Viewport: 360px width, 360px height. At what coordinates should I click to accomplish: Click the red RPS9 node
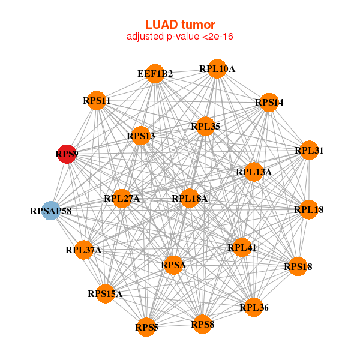(66, 154)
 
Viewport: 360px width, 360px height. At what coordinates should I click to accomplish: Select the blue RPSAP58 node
(52, 211)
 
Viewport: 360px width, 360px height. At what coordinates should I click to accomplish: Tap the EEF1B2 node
(155, 74)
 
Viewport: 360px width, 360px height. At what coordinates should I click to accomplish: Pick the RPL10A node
(217, 69)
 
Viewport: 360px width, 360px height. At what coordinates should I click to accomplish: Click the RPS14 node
(269, 102)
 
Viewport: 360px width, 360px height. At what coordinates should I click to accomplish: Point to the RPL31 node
(308, 151)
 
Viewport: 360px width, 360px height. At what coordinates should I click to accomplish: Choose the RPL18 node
(308, 209)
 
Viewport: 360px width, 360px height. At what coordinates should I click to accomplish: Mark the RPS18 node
(298, 266)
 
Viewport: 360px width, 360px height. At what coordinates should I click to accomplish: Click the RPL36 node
(254, 307)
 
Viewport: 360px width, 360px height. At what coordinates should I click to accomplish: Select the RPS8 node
(202, 324)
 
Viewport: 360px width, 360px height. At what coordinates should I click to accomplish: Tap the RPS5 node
(146, 327)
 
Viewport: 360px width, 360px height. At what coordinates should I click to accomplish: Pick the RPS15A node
(105, 293)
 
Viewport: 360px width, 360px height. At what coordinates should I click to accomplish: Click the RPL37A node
(84, 250)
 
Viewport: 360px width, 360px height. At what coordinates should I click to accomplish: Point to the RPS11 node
(97, 101)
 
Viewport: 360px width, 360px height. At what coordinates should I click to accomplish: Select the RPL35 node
(205, 126)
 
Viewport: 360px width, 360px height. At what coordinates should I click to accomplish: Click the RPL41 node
(242, 247)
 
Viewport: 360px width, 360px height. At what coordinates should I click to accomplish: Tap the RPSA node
(173, 265)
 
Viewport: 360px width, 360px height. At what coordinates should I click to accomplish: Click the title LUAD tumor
(180, 25)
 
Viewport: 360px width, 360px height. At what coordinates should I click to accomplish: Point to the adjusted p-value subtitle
(180, 37)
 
